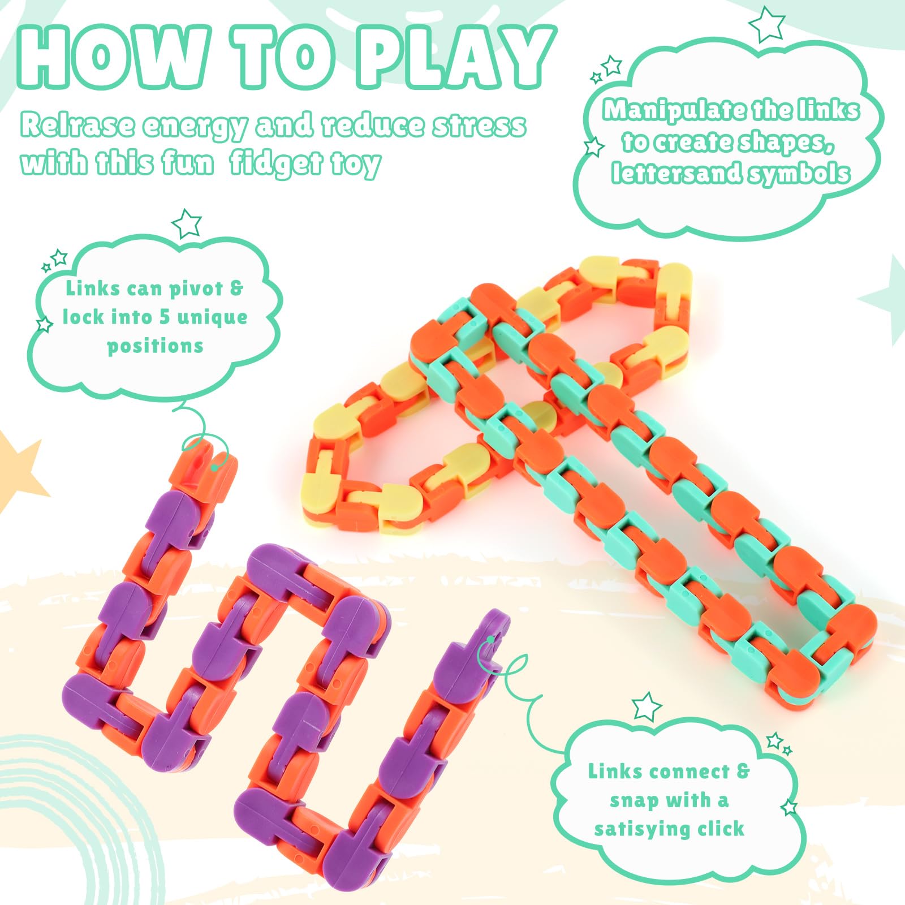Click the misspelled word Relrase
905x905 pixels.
[x=77, y=125]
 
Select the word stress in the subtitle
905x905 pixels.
[x=480, y=125]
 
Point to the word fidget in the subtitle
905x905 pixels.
[x=277, y=164]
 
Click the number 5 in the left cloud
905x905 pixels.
[x=165, y=317]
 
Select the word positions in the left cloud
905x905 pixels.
[x=155, y=346]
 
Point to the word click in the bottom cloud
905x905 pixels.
[x=721, y=829]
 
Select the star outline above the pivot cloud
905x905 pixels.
[x=186, y=223]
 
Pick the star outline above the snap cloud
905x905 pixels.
[x=647, y=706]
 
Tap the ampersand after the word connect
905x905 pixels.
[x=743, y=771]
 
